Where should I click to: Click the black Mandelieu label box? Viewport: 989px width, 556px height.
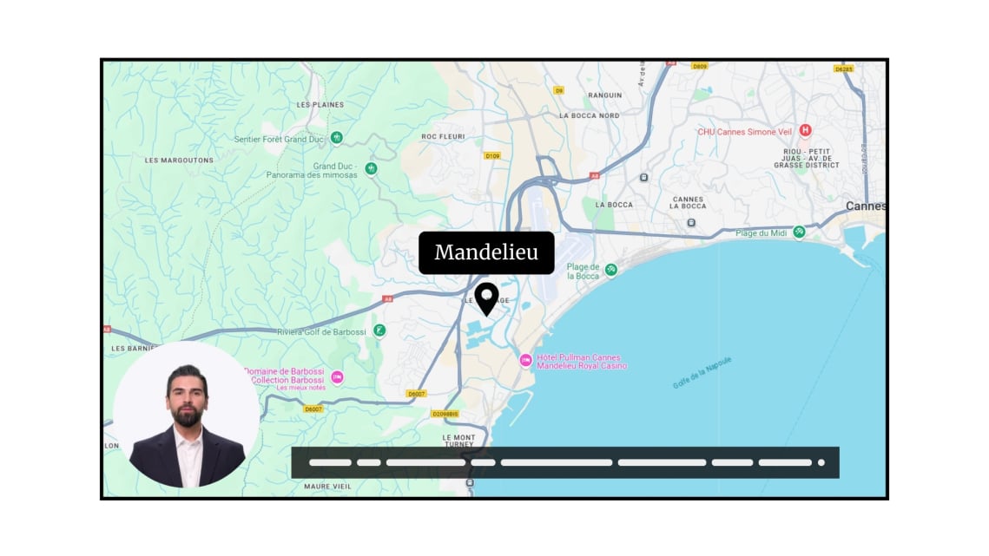click(486, 252)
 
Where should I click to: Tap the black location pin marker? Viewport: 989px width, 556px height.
click(487, 298)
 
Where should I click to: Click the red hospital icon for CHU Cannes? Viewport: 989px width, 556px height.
click(805, 131)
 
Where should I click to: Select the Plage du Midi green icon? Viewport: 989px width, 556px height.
click(799, 232)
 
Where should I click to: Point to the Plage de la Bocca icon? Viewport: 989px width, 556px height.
click(611, 270)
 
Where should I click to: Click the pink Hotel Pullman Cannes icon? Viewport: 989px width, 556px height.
click(525, 360)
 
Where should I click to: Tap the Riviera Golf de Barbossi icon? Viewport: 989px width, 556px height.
click(379, 330)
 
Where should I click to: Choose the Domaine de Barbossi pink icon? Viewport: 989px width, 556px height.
click(338, 377)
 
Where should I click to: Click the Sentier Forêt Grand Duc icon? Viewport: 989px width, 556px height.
click(337, 138)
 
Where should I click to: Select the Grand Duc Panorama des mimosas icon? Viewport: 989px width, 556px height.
click(371, 168)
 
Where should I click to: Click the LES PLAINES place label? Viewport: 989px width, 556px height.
click(320, 105)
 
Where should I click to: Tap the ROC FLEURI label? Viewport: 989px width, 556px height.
click(443, 136)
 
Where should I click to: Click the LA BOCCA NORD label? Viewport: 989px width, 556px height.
click(590, 115)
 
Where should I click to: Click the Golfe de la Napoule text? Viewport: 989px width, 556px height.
click(702, 372)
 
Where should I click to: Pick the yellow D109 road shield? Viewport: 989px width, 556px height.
click(492, 156)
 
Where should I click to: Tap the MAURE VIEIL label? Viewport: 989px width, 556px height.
click(328, 487)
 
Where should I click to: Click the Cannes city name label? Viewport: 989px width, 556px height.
click(866, 206)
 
